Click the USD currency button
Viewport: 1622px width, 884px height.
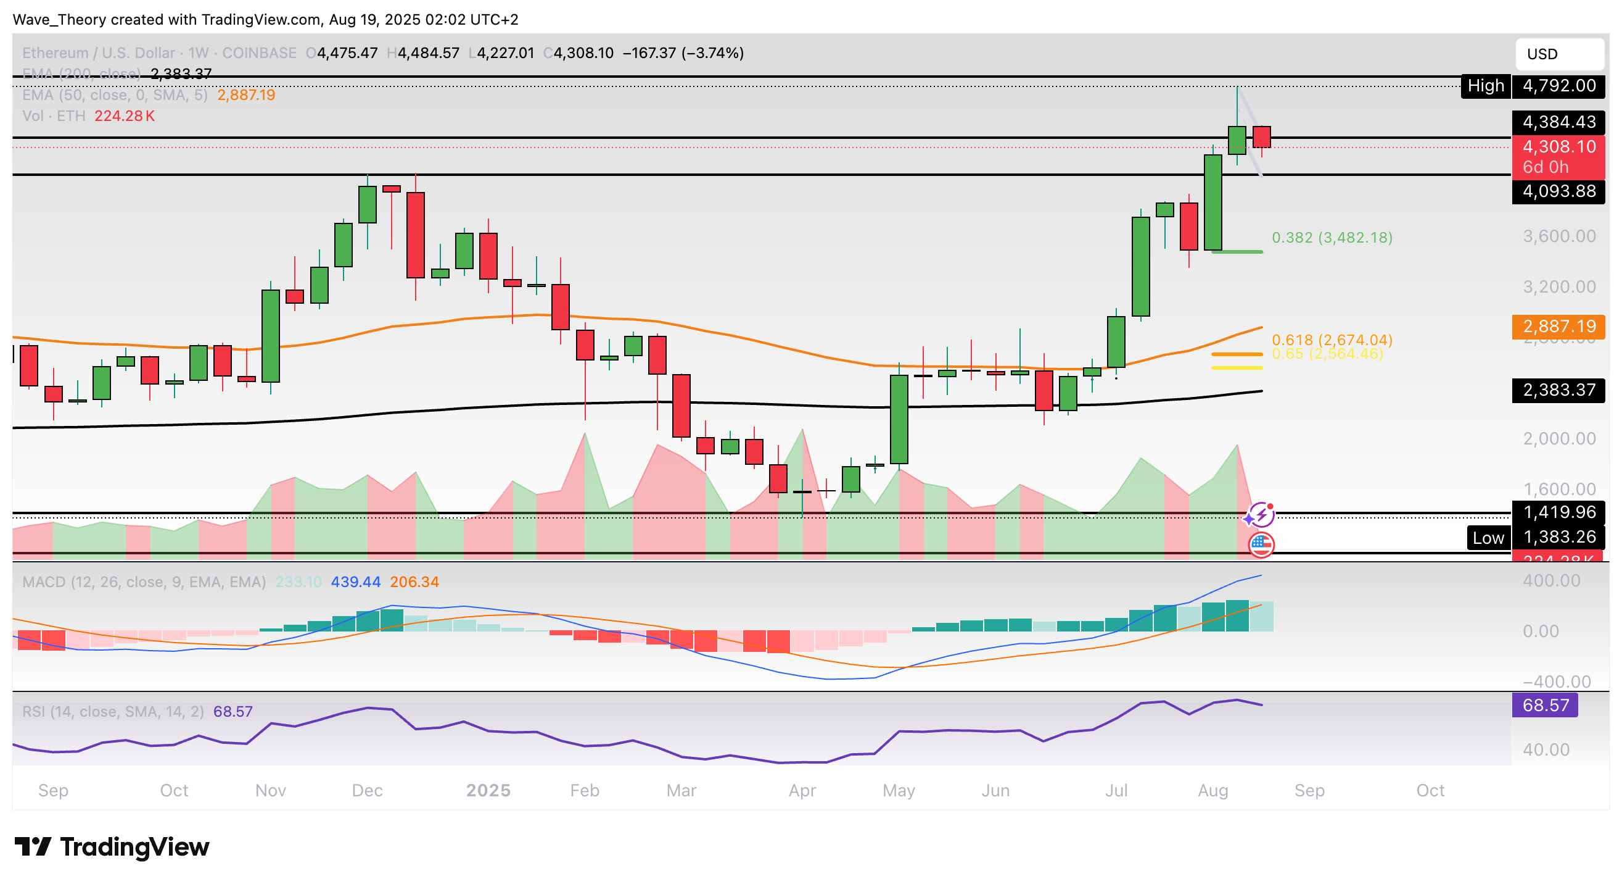(1558, 54)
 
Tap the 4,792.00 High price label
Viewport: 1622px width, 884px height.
(1558, 86)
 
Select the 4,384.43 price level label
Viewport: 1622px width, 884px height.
(1558, 122)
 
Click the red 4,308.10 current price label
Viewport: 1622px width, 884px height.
(1558, 148)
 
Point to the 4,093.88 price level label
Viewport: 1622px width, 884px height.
(1558, 191)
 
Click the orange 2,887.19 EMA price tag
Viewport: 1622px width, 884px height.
(1558, 327)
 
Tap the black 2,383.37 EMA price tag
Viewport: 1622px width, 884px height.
(1558, 390)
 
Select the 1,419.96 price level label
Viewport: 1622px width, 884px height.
(1558, 512)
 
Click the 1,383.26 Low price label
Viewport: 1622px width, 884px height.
(1558, 537)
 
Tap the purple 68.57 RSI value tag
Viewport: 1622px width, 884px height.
(1544, 705)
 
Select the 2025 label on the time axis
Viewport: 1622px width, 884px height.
(488, 791)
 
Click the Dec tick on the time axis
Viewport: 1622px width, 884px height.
(367, 791)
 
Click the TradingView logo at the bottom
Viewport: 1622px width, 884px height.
(112, 848)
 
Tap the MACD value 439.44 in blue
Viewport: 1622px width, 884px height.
(356, 582)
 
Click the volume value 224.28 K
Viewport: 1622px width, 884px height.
(124, 116)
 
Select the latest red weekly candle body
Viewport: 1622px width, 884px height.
(1261, 136)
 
